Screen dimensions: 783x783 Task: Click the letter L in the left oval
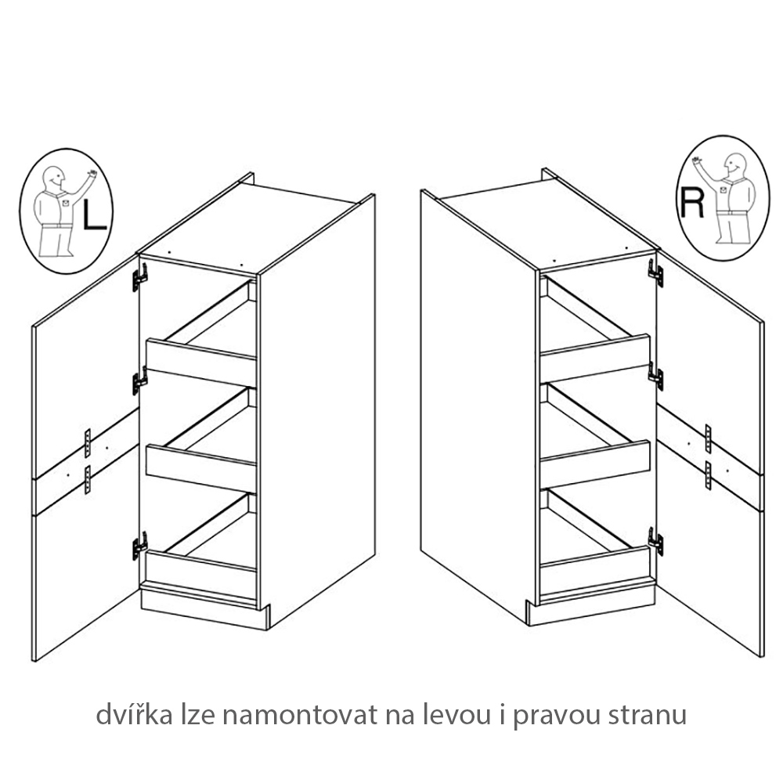94,215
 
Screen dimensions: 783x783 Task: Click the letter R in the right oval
692,204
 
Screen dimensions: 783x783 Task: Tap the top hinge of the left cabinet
140,278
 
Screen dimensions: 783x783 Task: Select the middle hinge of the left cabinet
140,381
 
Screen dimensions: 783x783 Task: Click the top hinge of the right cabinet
655,272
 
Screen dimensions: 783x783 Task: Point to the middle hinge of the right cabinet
655,376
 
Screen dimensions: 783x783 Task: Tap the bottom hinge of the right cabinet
655,541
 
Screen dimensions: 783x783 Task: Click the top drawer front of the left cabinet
200,363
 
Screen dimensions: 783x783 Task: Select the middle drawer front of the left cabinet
200,469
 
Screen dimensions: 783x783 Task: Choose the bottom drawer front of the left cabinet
200,574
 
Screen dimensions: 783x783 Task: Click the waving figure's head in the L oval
54,177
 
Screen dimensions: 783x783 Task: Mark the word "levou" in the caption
456,715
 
